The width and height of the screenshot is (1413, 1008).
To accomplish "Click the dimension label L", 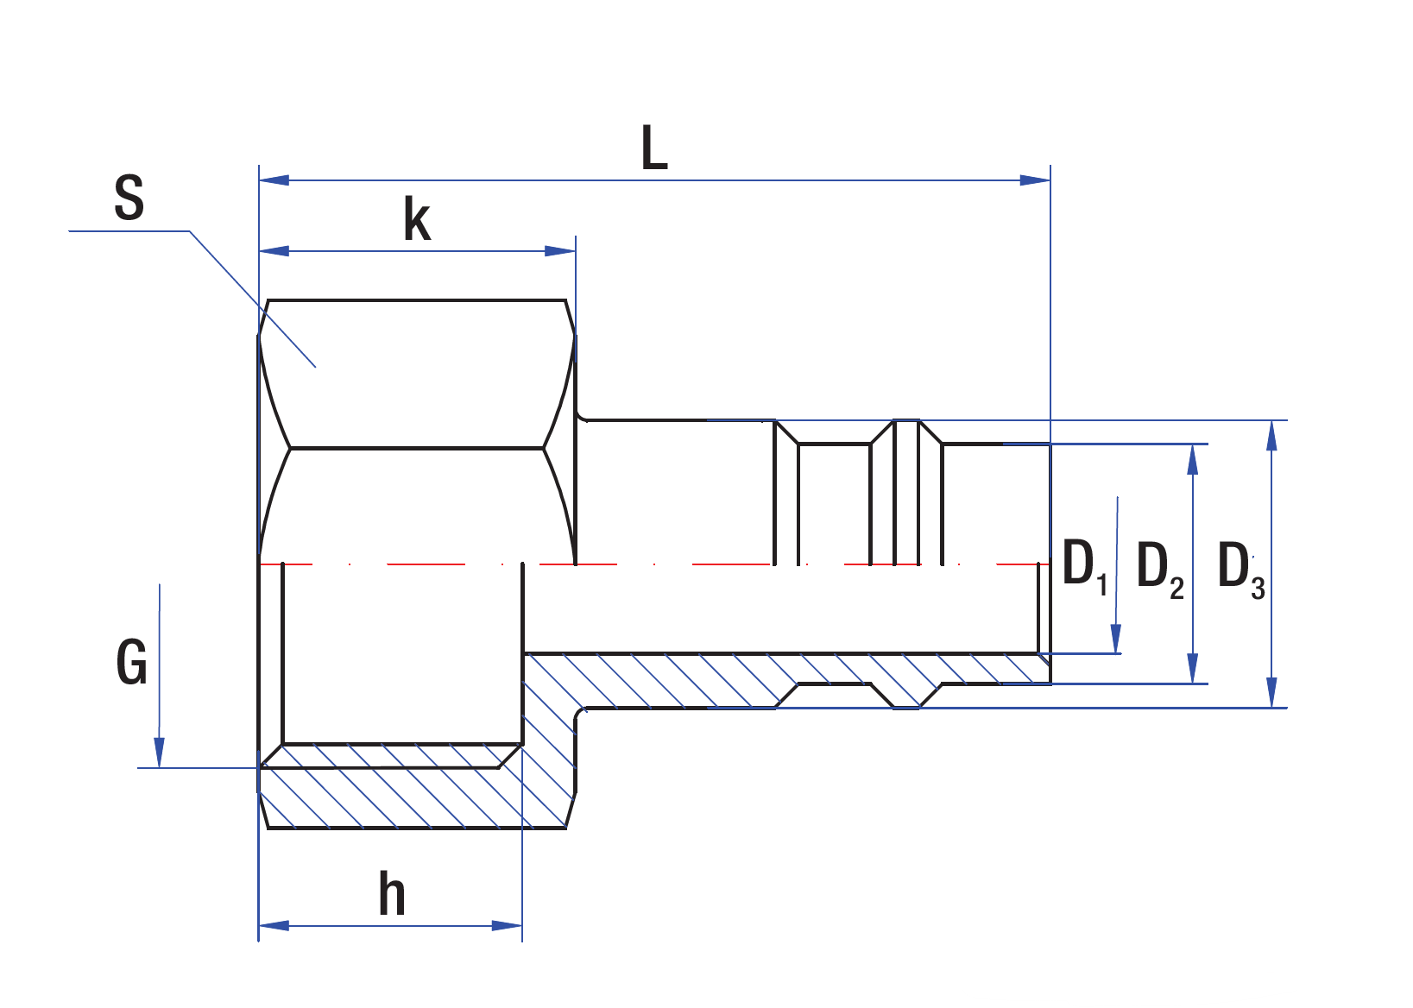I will [x=654, y=148].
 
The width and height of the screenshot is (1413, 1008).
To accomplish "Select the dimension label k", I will [x=417, y=220].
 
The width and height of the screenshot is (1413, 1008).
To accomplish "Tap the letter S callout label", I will [x=129, y=198].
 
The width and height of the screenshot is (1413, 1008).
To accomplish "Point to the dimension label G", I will [x=132, y=663].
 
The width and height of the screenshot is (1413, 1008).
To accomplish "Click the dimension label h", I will [x=392, y=894].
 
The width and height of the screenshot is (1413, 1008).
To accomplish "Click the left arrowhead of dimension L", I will [x=274, y=180].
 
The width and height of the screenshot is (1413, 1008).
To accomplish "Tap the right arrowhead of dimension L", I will [x=1035, y=180].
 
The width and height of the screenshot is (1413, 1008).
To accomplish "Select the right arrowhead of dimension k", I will [x=560, y=251].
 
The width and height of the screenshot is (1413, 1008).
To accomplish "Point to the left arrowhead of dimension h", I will [x=274, y=926].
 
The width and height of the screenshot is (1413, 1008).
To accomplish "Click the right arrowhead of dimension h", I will [x=508, y=926].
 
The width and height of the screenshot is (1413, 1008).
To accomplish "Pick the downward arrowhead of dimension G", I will [x=159, y=752].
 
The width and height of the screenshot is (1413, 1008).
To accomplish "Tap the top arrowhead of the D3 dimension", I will [x=1271, y=436].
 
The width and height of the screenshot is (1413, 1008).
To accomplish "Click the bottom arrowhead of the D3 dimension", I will [x=1271, y=692].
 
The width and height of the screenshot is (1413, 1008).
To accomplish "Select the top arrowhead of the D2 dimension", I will [x=1193, y=460].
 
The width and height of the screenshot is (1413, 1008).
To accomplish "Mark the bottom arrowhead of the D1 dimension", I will [x=1116, y=639].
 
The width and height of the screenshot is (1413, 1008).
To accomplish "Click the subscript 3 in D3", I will [x=1258, y=589].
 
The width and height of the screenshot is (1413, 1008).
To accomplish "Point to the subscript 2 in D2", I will [x=1176, y=589].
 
